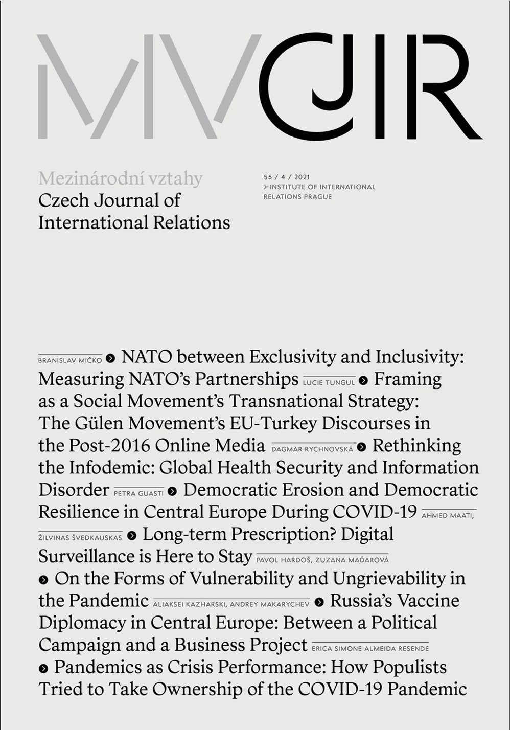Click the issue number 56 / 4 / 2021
pos(287,177)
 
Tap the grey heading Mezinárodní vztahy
pos(121,178)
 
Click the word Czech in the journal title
pos(61,200)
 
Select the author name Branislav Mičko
pos(70,360)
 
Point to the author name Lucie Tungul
pos(329,382)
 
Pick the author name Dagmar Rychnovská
pos(312,449)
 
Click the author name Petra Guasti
pos(138,493)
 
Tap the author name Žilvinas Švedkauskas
pos(80,537)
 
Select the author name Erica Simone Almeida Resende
pos(370,648)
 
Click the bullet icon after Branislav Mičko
pos(110,359)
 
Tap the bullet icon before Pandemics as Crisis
pos(43,668)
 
